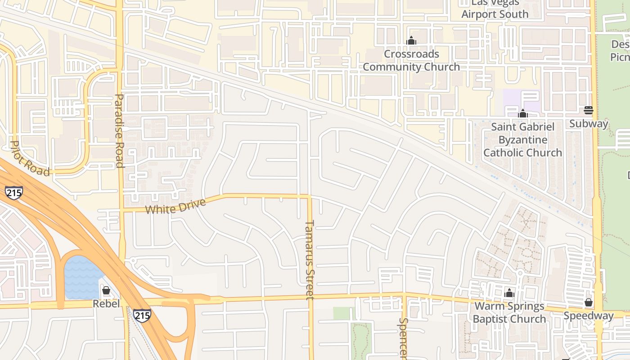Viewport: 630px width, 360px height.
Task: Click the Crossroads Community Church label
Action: click(411, 60)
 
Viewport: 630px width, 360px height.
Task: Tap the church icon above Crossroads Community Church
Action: click(411, 41)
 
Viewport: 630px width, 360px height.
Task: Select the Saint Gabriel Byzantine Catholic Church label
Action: click(522, 139)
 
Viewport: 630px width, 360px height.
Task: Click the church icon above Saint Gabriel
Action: click(522, 113)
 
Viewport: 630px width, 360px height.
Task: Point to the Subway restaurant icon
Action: click(589, 110)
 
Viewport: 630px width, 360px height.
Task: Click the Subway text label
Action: click(589, 123)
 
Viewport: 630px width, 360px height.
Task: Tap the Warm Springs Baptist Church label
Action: click(509, 313)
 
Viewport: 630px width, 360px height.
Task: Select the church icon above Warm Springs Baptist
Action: click(509, 293)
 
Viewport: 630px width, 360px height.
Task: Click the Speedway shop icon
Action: click(589, 302)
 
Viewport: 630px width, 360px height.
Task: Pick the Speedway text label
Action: click(589, 316)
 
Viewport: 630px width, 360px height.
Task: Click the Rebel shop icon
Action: click(106, 290)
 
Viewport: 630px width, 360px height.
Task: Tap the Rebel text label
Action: click(106, 304)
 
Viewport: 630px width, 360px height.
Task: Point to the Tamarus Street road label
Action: click(309, 260)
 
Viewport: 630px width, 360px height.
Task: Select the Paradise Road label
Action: click(119, 130)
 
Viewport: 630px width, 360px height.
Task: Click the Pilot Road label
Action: click(30, 158)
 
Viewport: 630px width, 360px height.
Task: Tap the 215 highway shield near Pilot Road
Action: click(14, 192)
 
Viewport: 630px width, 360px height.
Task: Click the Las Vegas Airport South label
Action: click(495, 9)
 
